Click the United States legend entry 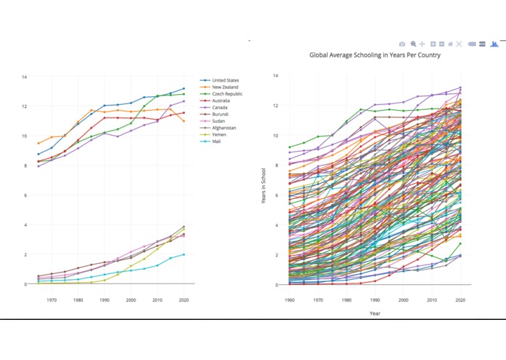click(225, 80)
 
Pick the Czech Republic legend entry click(226, 94)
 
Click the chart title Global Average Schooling click(374, 55)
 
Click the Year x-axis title click(374, 313)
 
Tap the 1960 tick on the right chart click(290, 300)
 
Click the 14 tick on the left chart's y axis click(24, 77)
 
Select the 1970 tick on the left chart click(52, 300)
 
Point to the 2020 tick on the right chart click(460, 300)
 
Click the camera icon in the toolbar click(402, 44)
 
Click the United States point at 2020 click(183, 88)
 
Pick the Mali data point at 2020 click(183, 254)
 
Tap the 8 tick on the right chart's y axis click(275, 165)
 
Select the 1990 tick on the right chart click(375, 300)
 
